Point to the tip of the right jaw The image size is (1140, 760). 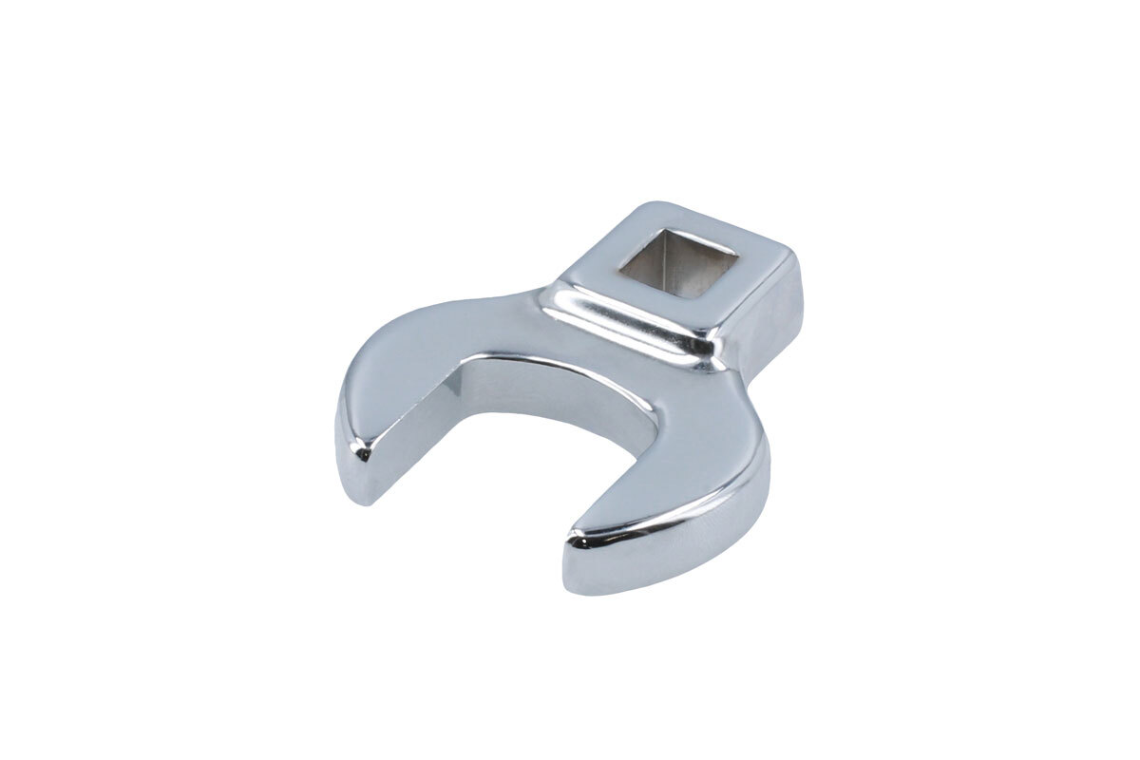coord(577,541)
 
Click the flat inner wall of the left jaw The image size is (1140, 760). coord(427,418)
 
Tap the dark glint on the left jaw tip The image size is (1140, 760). coord(361,456)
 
